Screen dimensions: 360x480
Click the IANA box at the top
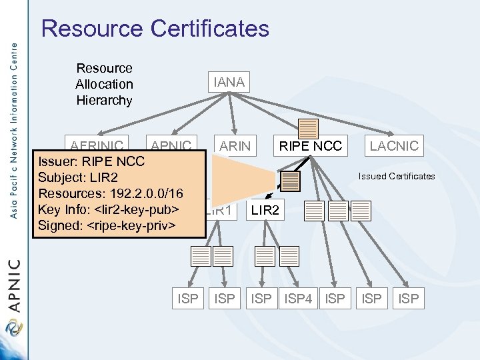229,83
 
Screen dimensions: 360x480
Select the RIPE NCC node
310,146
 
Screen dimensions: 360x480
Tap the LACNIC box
394,146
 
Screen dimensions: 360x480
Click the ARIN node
235,146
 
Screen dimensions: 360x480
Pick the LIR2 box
265,210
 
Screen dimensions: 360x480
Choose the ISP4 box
299,299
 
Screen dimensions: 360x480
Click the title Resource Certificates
155,29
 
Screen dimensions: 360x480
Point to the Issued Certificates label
396,177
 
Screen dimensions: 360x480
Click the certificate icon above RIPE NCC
309,128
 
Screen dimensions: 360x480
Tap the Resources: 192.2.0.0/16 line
111,193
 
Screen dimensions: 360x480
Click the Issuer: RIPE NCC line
91,161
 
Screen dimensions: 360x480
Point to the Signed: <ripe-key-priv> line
107,225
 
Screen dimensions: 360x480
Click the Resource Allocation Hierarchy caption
104,85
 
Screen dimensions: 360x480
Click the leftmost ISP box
187,299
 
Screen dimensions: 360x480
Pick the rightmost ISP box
408,299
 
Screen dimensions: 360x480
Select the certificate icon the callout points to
291,181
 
